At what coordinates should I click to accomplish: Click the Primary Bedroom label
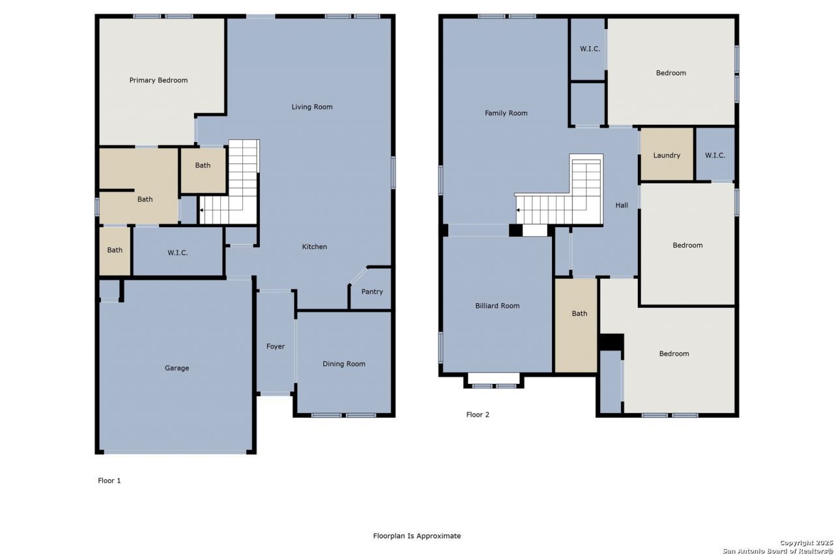tap(158, 80)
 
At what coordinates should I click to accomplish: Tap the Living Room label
tap(312, 107)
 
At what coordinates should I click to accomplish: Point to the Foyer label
tap(276, 346)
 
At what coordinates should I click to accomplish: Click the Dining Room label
tap(343, 364)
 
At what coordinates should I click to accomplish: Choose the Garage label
tap(177, 368)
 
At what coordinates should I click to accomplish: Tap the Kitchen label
tap(314, 247)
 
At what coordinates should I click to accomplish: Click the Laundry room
tap(667, 154)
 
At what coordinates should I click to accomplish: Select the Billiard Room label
tap(497, 306)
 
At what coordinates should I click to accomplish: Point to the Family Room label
tap(506, 113)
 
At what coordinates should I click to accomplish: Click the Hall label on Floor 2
tap(622, 205)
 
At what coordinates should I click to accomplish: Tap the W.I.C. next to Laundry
tap(715, 154)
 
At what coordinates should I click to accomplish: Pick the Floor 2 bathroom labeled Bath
tap(576, 325)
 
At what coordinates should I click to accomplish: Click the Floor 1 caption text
tap(109, 481)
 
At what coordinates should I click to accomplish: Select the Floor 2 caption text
tap(478, 414)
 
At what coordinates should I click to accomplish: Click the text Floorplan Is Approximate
tap(417, 535)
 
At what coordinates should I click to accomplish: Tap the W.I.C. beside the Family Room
tap(588, 49)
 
